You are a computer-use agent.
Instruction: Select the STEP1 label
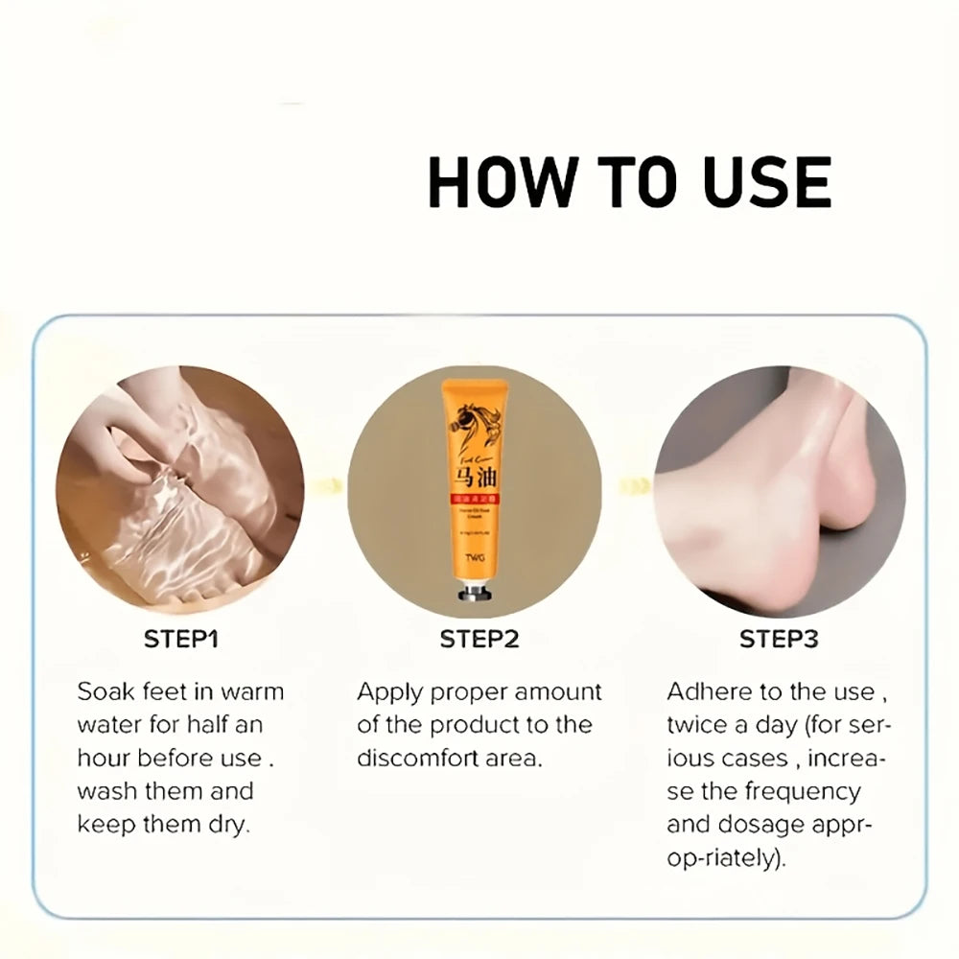point(180,640)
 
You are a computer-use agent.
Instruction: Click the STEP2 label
point(479,640)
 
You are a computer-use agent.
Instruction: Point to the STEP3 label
point(779,640)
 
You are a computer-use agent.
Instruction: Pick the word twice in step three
point(697,725)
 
